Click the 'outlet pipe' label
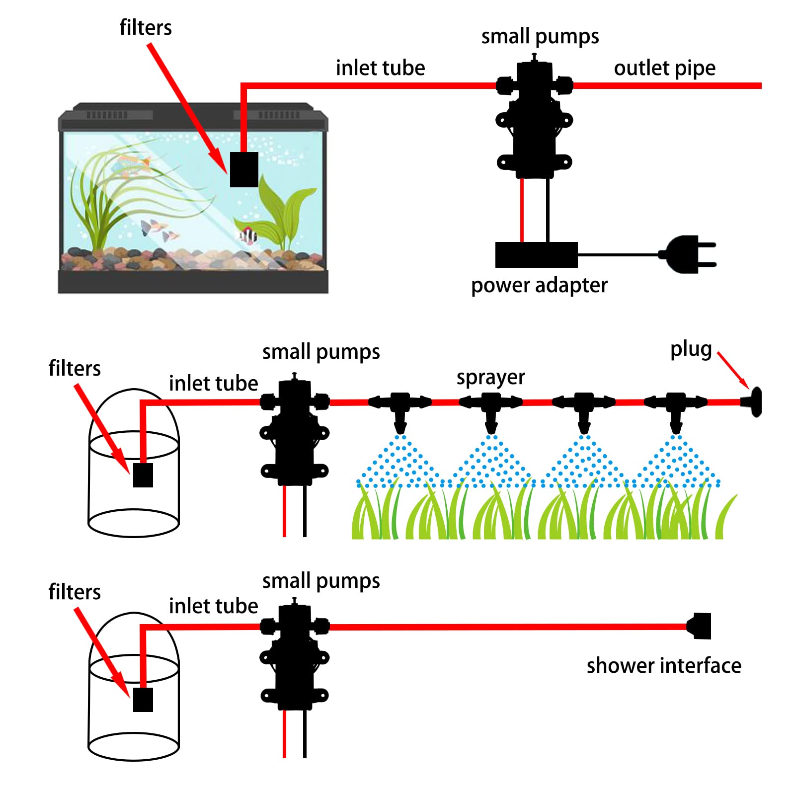tap(664, 68)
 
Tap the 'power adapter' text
tap(539, 285)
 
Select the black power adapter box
tap(536, 255)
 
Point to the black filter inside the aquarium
tap(244, 169)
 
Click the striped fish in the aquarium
tap(248, 235)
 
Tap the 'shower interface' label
tap(663, 665)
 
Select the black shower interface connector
tap(700, 626)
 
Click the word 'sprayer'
tap(490, 378)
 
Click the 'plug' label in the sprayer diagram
tap(691, 349)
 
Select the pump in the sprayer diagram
tap(295, 432)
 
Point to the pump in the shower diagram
tap(295, 656)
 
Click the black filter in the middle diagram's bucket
tap(143, 475)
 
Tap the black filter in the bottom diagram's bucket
tap(143, 699)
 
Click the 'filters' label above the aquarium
tap(146, 27)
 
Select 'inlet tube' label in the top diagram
tap(380, 68)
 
